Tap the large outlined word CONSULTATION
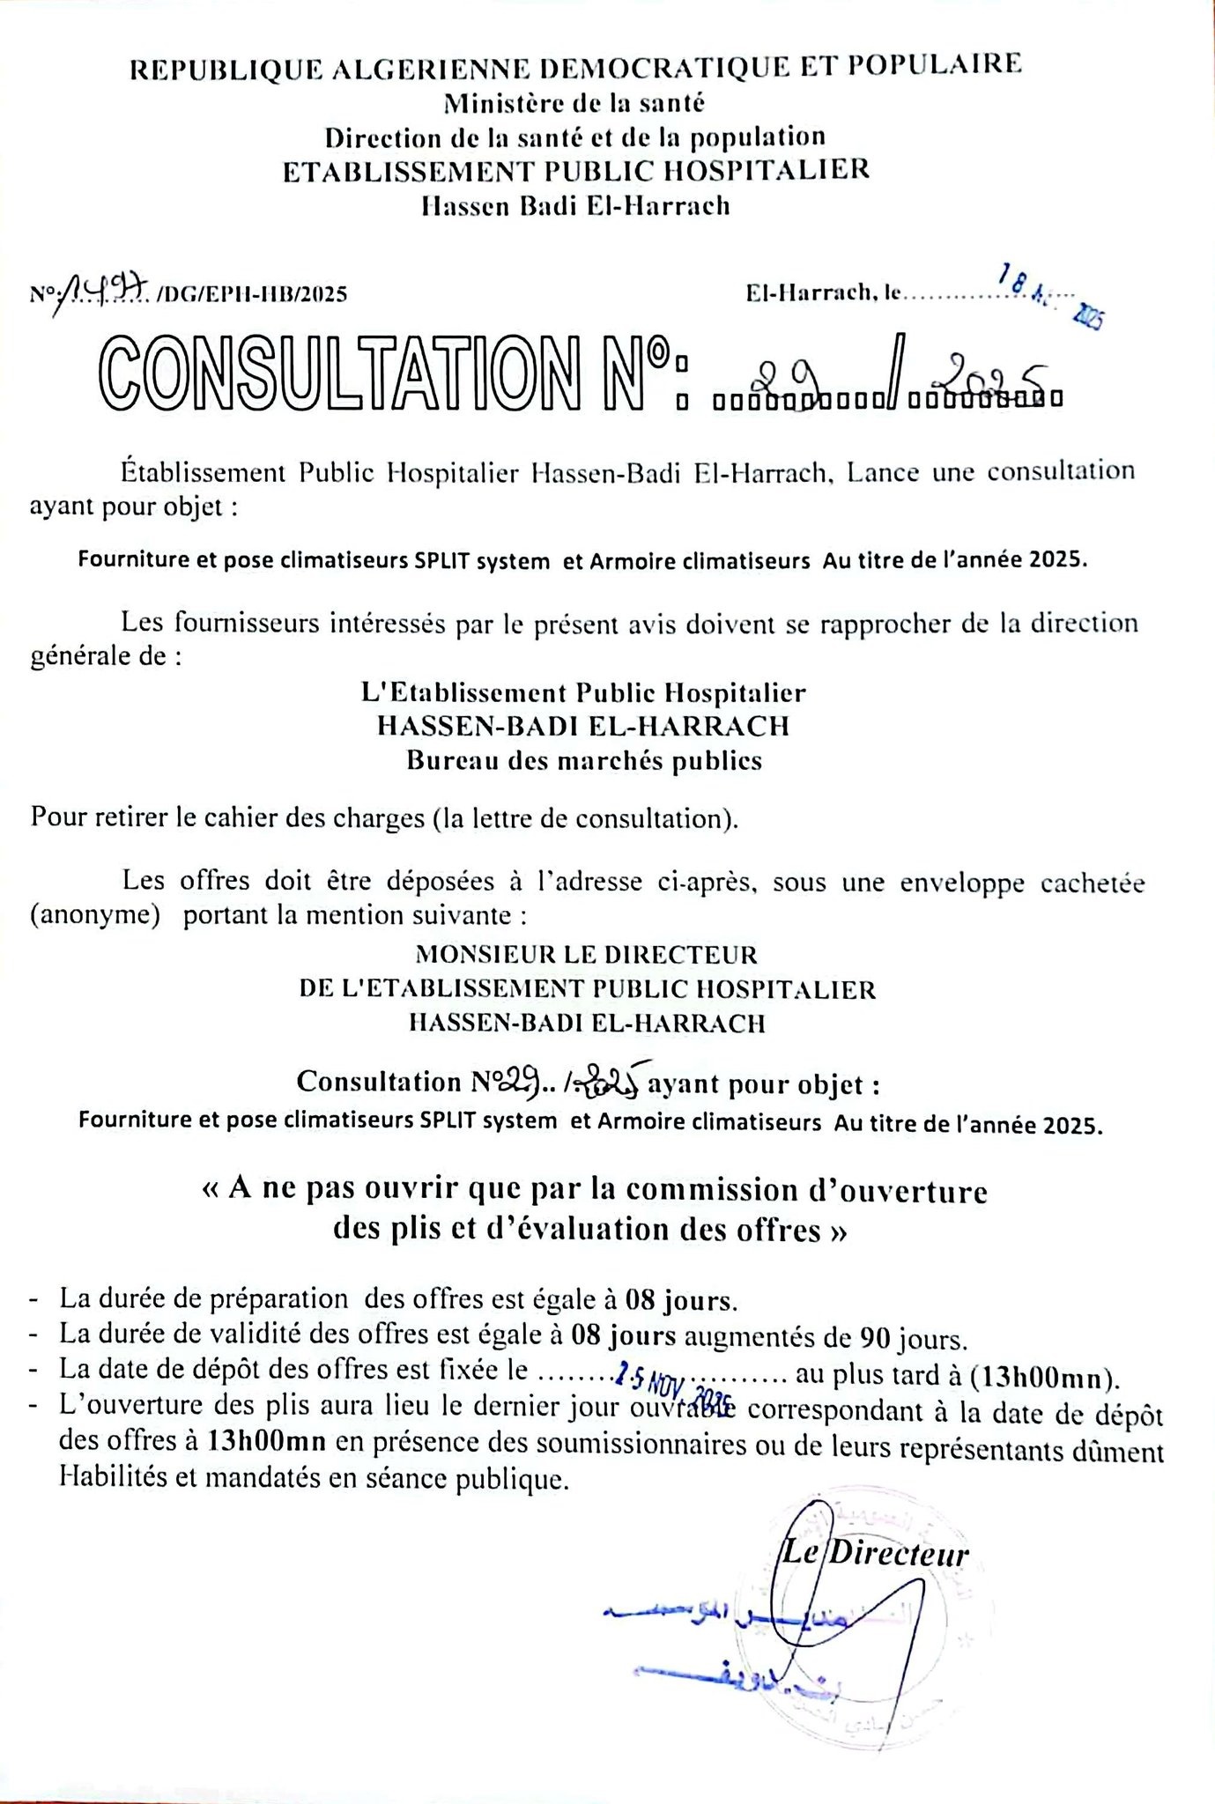click(x=338, y=374)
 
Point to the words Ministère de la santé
click(x=574, y=103)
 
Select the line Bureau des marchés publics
click(x=583, y=760)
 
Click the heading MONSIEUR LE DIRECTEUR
click(x=586, y=954)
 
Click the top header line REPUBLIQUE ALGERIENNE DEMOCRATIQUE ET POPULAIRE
click(x=575, y=67)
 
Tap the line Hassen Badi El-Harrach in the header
click(x=575, y=205)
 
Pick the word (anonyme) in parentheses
click(x=95, y=915)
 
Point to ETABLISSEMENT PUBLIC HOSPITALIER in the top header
click(x=575, y=170)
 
